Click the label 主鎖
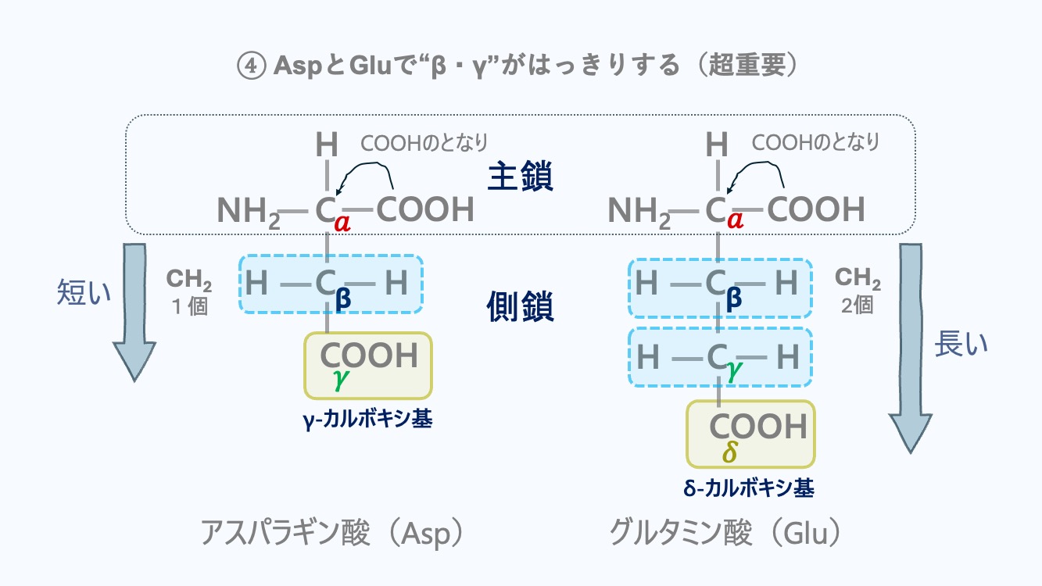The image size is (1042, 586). [x=520, y=177]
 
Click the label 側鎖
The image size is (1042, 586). [x=520, y=308]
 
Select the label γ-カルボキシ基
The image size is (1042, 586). [x=367, y=420]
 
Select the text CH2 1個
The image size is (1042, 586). [x=188, y=291]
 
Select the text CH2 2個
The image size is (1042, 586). [x=858, y=291]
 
